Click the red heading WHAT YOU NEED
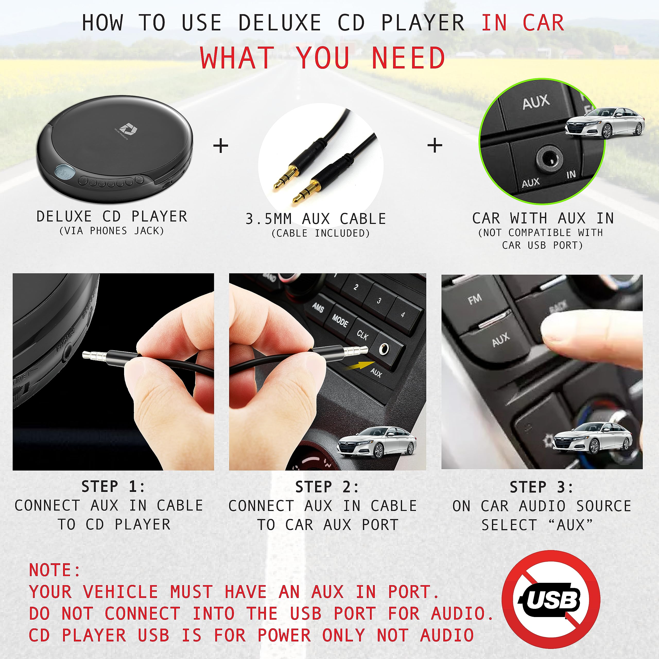click(322, 58)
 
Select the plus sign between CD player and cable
click(221, 146)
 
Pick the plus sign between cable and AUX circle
click(435, 146)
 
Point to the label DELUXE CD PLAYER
click(112, 216)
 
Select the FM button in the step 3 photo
click(475, 299)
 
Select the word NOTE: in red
click(55, 570)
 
